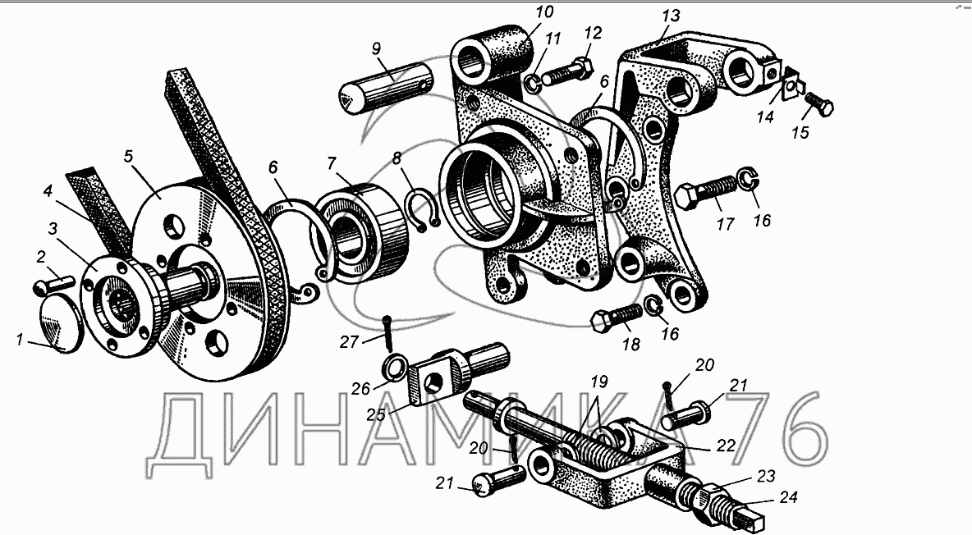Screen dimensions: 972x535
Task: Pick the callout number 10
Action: tap(545, 13)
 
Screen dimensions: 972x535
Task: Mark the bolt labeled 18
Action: tap(616, 317)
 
